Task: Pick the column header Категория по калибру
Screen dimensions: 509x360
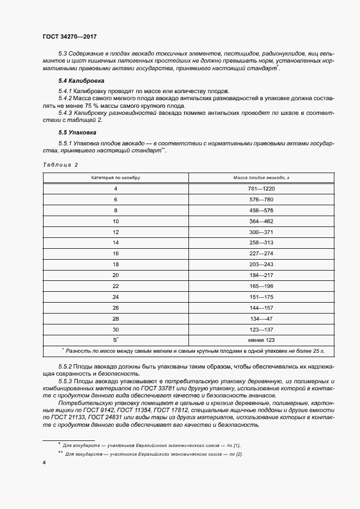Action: click(115, 177)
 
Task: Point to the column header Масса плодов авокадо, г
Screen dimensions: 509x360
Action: click(261, 177)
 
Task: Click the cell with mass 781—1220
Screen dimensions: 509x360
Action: click(261, 188)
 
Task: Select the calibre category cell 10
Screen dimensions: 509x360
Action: click(115, 221)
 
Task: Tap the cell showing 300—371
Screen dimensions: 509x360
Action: click(261, 232)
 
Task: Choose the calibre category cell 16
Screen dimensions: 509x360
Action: click(115, 254)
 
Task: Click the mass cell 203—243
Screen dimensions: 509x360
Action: click(261, 264)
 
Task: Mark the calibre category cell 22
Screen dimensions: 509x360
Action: click(115, 286)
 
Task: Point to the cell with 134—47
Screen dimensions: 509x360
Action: click(261, 318)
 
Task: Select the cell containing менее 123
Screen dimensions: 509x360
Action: click(261, 340)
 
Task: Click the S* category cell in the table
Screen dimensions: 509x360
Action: click(115, 340)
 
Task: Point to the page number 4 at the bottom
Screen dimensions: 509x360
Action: click(44, 462)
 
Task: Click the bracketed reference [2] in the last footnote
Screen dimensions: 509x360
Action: click(239, 454)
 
